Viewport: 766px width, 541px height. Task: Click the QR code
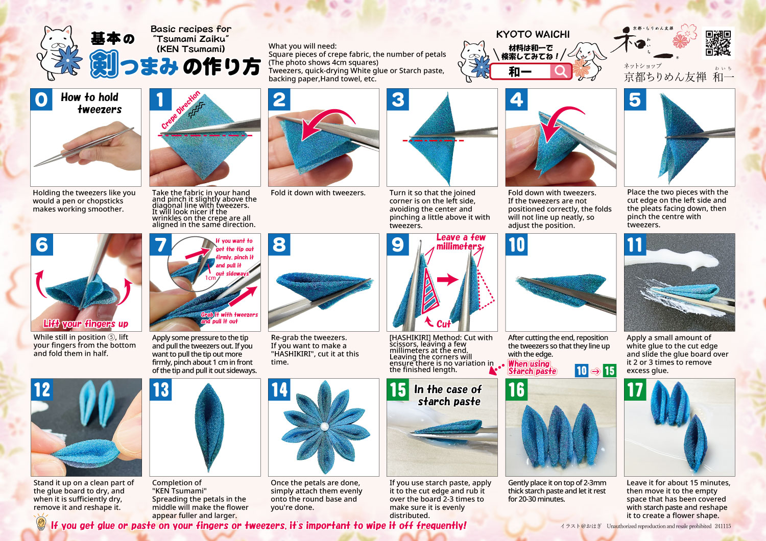point(718,43)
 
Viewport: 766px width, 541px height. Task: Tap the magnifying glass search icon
point(560,71)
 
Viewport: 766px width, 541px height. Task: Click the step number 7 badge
point(160,244)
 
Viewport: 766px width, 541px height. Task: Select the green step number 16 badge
point(516,389)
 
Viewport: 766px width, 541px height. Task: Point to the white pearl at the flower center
point(324,426)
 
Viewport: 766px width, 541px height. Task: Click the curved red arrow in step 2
point(328,123)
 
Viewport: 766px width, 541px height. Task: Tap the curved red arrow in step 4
point(561,123)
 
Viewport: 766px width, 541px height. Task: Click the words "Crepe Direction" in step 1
point(181,110)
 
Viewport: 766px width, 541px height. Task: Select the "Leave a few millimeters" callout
point(460,241)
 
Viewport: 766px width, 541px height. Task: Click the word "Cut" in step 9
point(444,324)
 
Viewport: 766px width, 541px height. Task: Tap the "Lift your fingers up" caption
point(85,323)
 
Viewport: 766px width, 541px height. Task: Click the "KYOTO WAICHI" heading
point(533,34)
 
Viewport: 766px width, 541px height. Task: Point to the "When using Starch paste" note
point(532,367)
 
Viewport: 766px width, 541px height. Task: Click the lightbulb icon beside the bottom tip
point(41,523)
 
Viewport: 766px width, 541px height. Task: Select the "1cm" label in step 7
point(210,278)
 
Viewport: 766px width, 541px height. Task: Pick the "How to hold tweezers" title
point(91,103)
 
